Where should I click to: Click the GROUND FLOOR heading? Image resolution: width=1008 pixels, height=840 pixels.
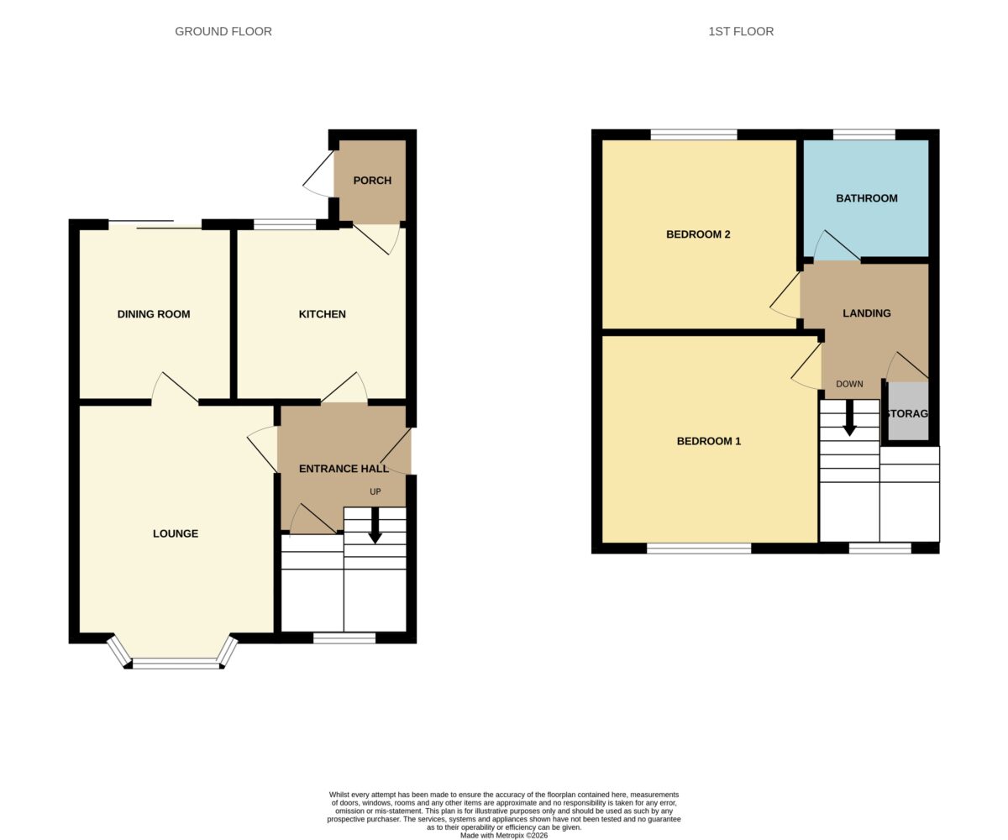click(x=223, y=31)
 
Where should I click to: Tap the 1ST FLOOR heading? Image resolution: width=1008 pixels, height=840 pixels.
click(x=741, y=31)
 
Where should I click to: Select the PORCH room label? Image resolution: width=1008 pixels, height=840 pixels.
click(x=372, y=181)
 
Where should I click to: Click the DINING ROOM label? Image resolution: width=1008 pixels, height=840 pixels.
click(x=154, y=314)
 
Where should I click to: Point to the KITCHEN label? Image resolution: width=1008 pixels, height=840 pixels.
click(x=322, y=314)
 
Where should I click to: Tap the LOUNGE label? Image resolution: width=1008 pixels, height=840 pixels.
click(x=176, y=533)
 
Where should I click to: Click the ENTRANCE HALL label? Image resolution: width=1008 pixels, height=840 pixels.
click(x=344, y=469)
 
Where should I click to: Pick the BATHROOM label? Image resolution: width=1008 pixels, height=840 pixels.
click(x=867, y=198)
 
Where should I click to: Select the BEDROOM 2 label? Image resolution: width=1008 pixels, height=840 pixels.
click(x=698, y=234)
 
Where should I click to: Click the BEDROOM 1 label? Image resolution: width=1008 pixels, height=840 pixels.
click(x=709, y=441)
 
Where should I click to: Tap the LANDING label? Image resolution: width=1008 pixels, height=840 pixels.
click(x=867, y=313)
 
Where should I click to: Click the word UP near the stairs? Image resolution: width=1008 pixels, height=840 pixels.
click(x=375, y=491)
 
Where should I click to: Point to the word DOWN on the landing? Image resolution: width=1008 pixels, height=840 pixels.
click(x=849, y=384)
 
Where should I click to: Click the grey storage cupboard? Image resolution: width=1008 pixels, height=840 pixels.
click(x=908, y=412)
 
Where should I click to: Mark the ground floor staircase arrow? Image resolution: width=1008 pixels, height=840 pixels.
click(x=375, y=526)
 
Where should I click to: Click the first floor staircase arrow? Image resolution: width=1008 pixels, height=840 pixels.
click(x=849, y=418)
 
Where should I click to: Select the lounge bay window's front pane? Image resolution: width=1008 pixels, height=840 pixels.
click(x=176, y=664)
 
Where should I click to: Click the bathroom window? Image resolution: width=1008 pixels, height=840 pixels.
click(x=864, y=134)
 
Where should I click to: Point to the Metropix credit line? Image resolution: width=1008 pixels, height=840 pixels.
click(x=503, y=835)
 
